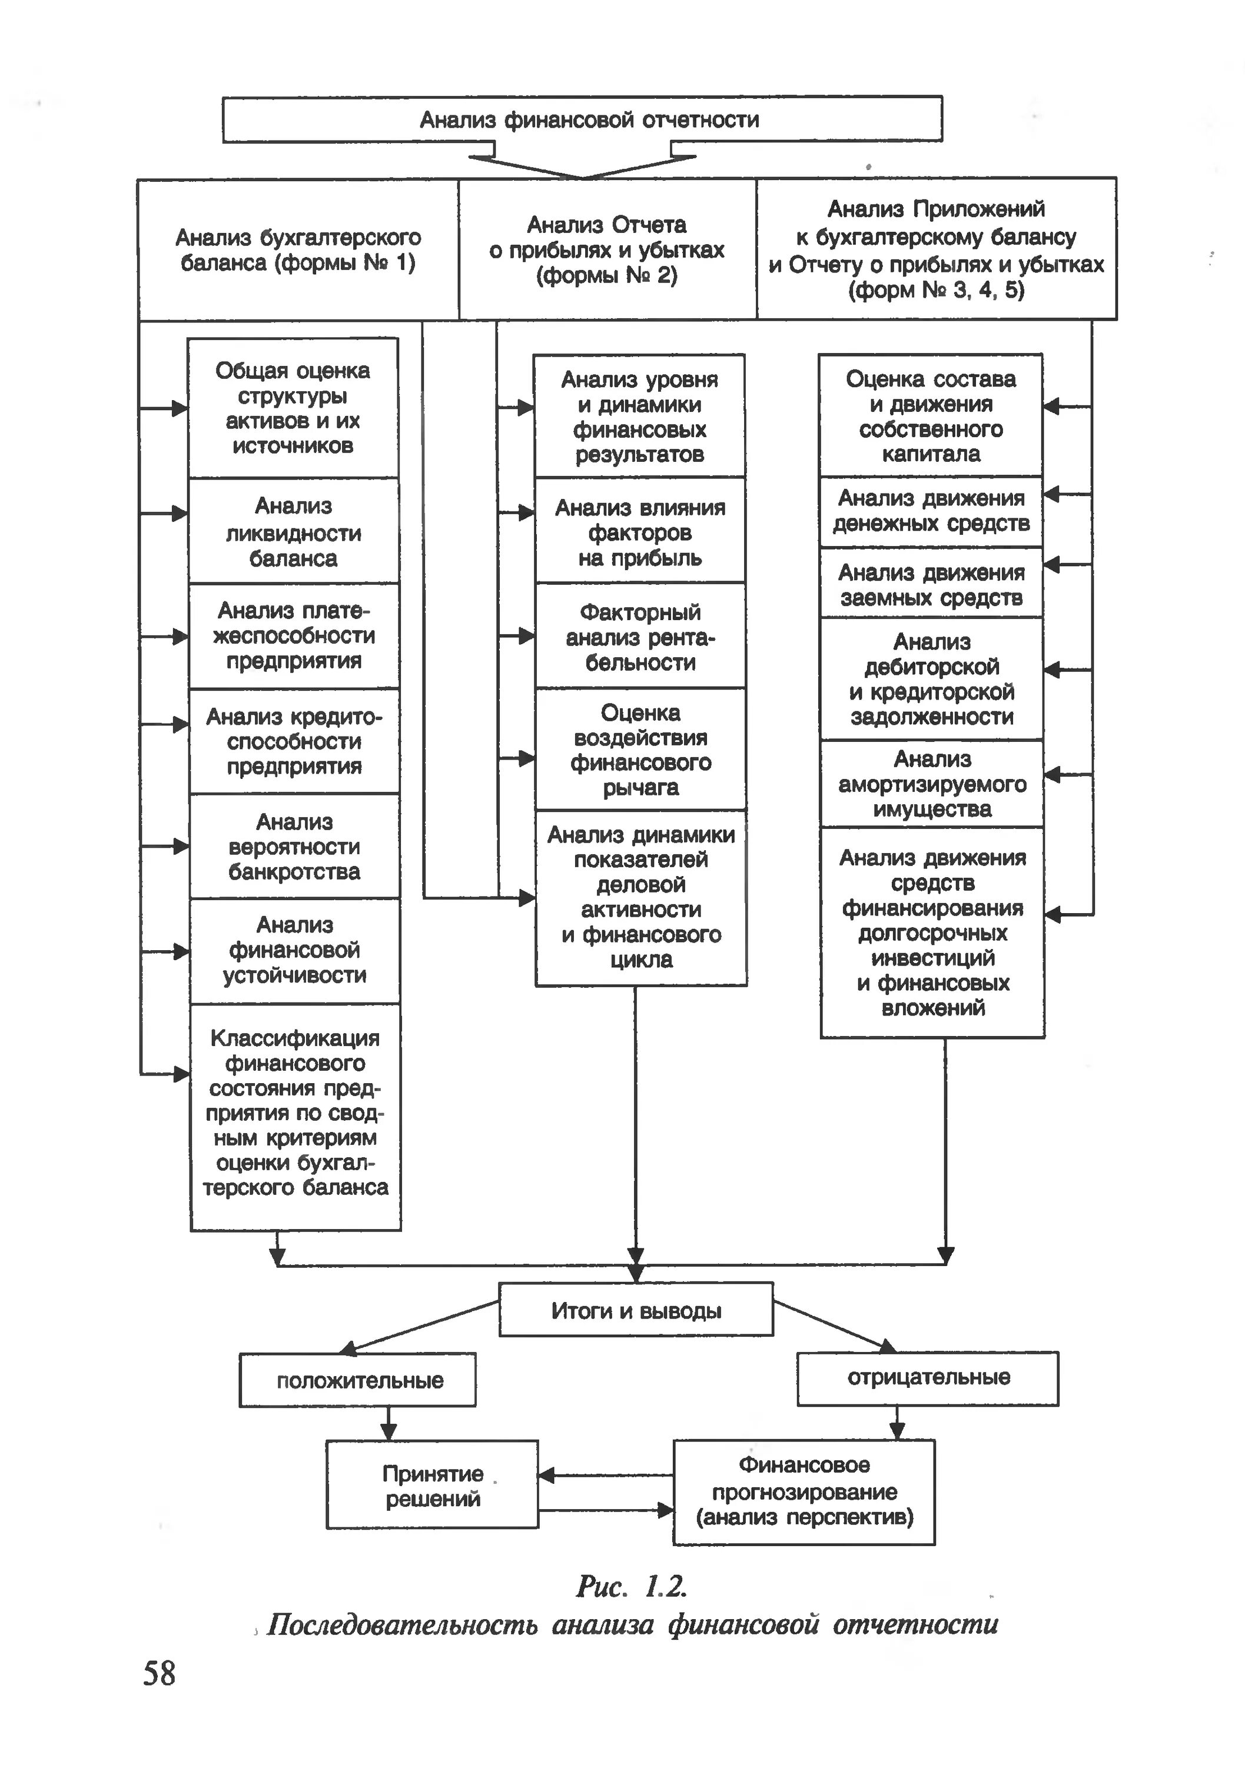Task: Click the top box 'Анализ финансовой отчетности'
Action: coord(582,119)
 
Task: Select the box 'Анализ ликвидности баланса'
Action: coord(294,531)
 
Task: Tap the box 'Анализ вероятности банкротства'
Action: coord(294,847)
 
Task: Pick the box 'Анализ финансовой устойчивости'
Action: coord(294,950)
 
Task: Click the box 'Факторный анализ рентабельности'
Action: coord(640,637)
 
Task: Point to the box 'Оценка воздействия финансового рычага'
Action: coord(640,750)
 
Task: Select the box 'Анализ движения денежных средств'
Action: coord(931,511)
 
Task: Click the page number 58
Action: coord(159,1674)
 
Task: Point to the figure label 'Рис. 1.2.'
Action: coord(630,1586)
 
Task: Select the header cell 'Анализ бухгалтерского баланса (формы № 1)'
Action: coord(298,250)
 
